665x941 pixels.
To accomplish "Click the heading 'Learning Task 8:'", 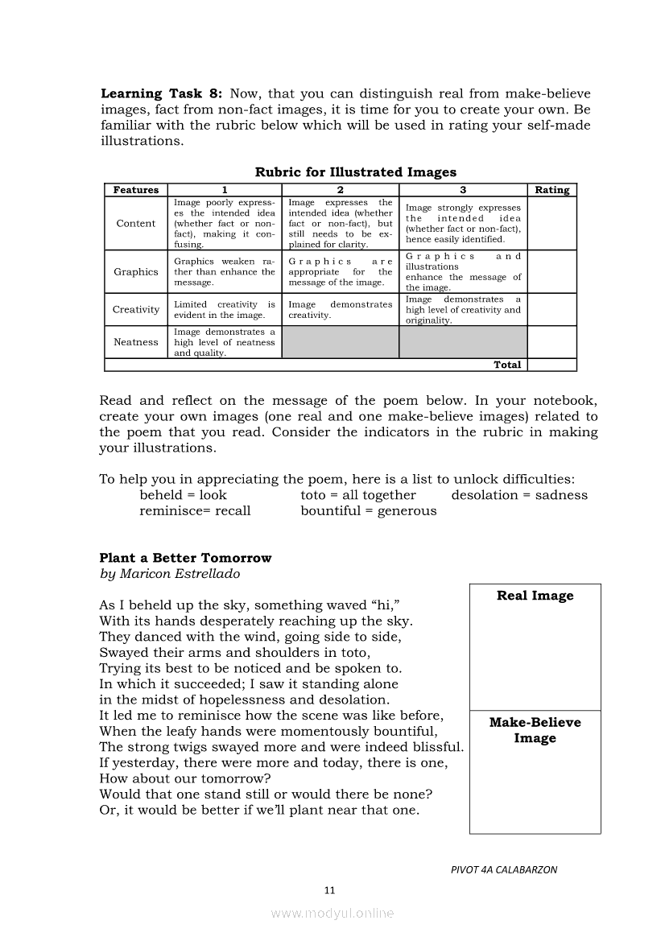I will click(161, 93).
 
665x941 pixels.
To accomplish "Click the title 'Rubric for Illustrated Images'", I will click(355, 171).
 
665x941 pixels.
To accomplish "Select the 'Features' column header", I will click(136, 190).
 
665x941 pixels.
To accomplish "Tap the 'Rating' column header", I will click(551, 190).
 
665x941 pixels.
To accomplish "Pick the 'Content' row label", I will click(136, 224).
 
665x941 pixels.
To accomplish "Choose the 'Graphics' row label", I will click(136, 272).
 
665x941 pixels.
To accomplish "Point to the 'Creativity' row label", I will click(136, 310).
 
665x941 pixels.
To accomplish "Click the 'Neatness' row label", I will click(136, 342).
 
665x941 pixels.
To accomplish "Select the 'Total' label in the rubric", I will click(507, 365).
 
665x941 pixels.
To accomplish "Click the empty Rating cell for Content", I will click(551, 224).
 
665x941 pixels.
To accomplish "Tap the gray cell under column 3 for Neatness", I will click(463, 342).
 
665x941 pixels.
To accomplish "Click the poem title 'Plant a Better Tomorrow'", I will click(185, 558).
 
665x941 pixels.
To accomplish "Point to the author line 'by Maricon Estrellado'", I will click(169, 574).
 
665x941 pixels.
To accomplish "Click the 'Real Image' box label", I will click(535, 596).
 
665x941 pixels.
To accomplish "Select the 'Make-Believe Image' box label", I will click(535, 730).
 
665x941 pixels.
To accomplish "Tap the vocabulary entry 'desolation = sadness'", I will click(519, 495).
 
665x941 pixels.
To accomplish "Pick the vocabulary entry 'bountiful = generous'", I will click(368, 510).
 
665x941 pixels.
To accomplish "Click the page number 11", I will click(328, 889).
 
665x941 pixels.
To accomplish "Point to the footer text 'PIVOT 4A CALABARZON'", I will click(504, 869).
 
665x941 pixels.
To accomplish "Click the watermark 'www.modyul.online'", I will click(332, 913).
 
